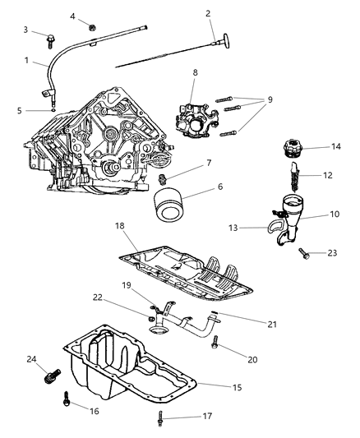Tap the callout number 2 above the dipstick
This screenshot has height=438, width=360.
[x=207, y=13]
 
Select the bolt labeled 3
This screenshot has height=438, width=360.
[x=51, y=36]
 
